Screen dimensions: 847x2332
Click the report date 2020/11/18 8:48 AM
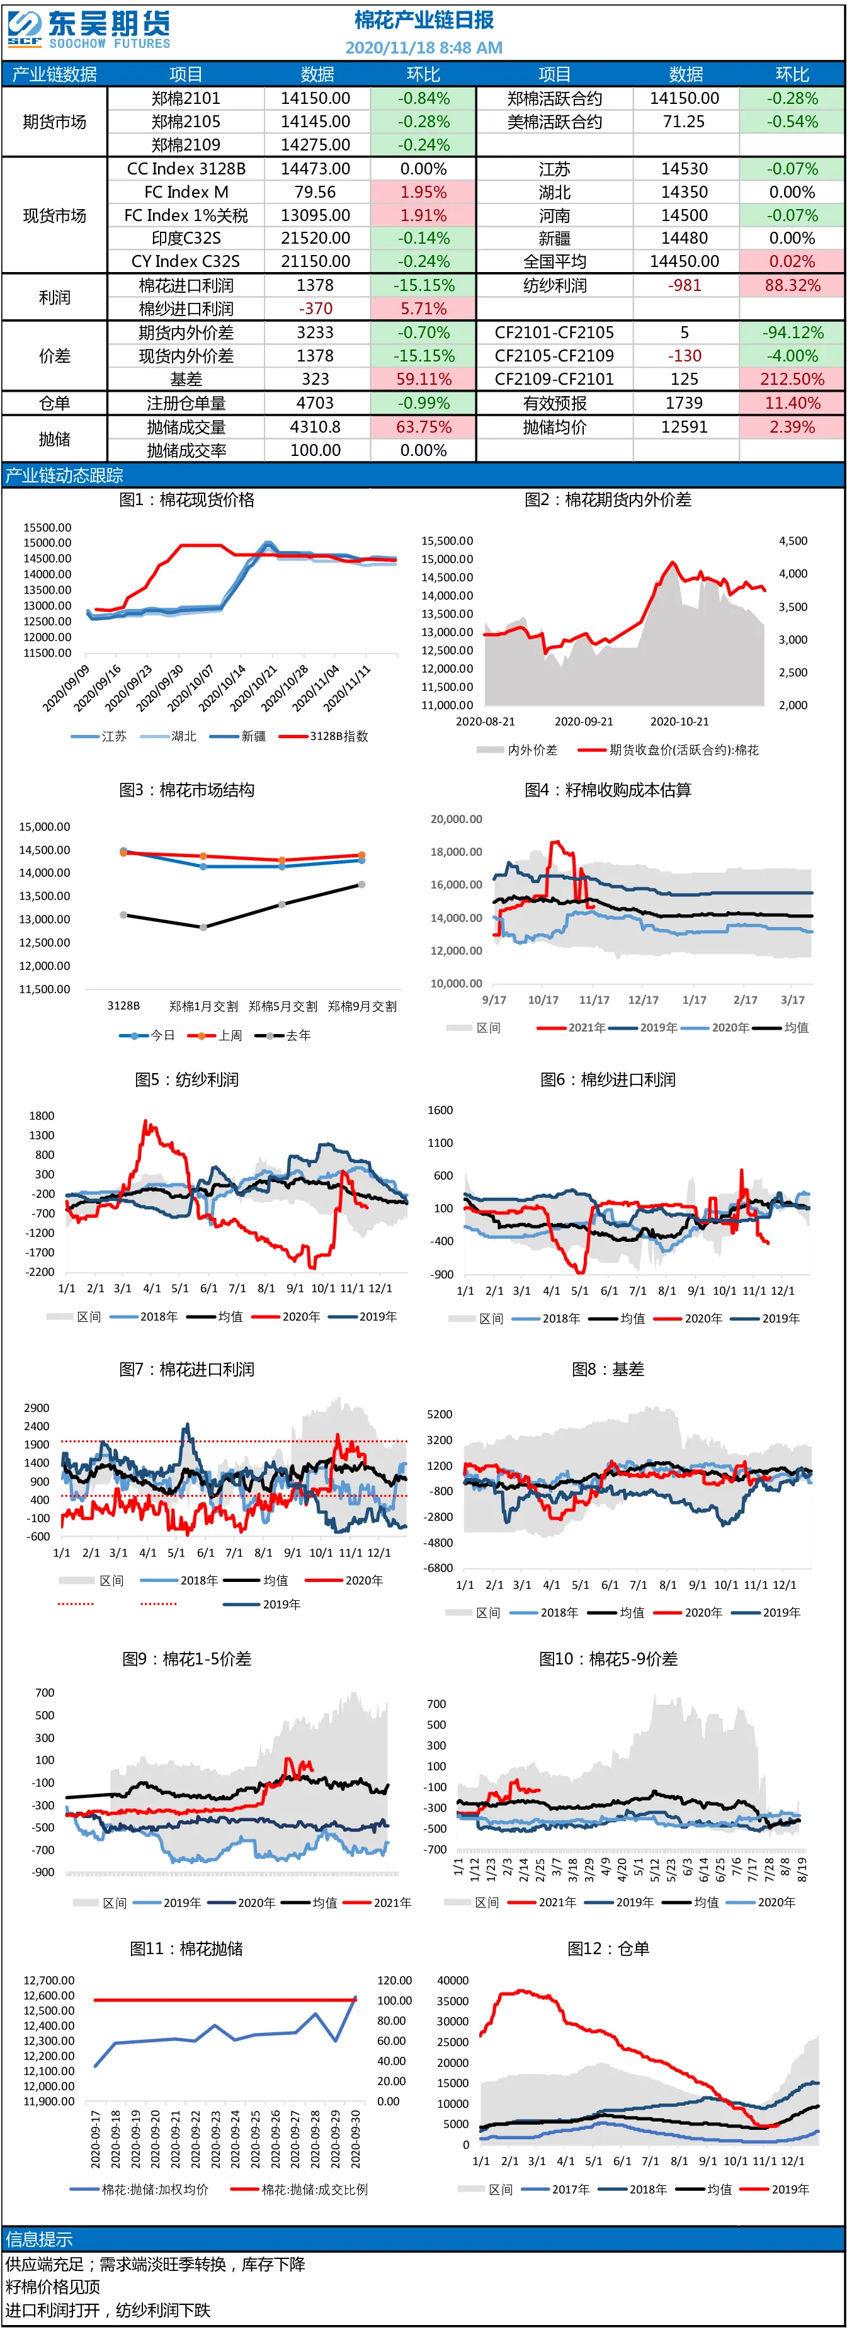[x=423, y=47]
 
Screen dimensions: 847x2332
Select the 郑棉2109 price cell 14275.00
[x=316, y=145]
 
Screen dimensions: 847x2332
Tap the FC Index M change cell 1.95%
[x=423, y=192]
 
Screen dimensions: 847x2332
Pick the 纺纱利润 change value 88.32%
[x=792, y=285]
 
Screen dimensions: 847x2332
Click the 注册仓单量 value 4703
[x=316, y=403]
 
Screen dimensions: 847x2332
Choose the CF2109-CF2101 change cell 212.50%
[x=792, y=379]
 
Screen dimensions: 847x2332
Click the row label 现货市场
[x=54, y=215]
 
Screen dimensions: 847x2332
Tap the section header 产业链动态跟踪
[x=64, y=475]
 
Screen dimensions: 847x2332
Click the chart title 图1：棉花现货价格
[x=186, y=500]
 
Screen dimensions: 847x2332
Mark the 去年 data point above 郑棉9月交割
[x=362, y=884]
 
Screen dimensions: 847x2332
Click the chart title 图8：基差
[x=608, y=1369]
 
